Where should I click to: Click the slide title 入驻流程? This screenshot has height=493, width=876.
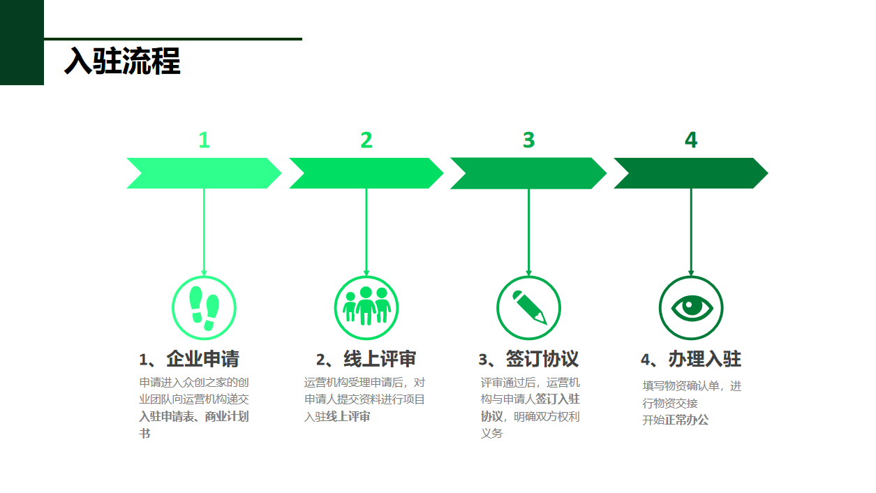122,61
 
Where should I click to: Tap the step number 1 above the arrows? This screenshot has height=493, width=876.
204,140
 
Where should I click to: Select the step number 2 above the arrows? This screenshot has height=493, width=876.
366,140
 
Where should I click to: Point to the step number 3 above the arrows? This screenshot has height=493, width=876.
528,140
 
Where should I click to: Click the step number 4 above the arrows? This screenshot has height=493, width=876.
691,140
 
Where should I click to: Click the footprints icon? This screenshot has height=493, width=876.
204,308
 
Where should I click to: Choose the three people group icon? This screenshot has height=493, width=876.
366,308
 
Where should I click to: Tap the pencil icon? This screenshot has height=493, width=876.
528,308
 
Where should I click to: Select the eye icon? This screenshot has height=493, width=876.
691,308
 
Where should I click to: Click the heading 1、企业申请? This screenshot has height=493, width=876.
189,360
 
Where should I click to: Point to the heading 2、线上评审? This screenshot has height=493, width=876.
366,360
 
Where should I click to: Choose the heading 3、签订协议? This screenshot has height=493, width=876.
528,360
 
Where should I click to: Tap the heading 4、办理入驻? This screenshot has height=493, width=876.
691,360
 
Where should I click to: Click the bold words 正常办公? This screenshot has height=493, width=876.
686,420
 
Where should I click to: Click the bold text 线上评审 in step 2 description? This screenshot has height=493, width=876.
348,417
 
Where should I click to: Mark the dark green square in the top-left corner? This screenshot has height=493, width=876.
22,42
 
